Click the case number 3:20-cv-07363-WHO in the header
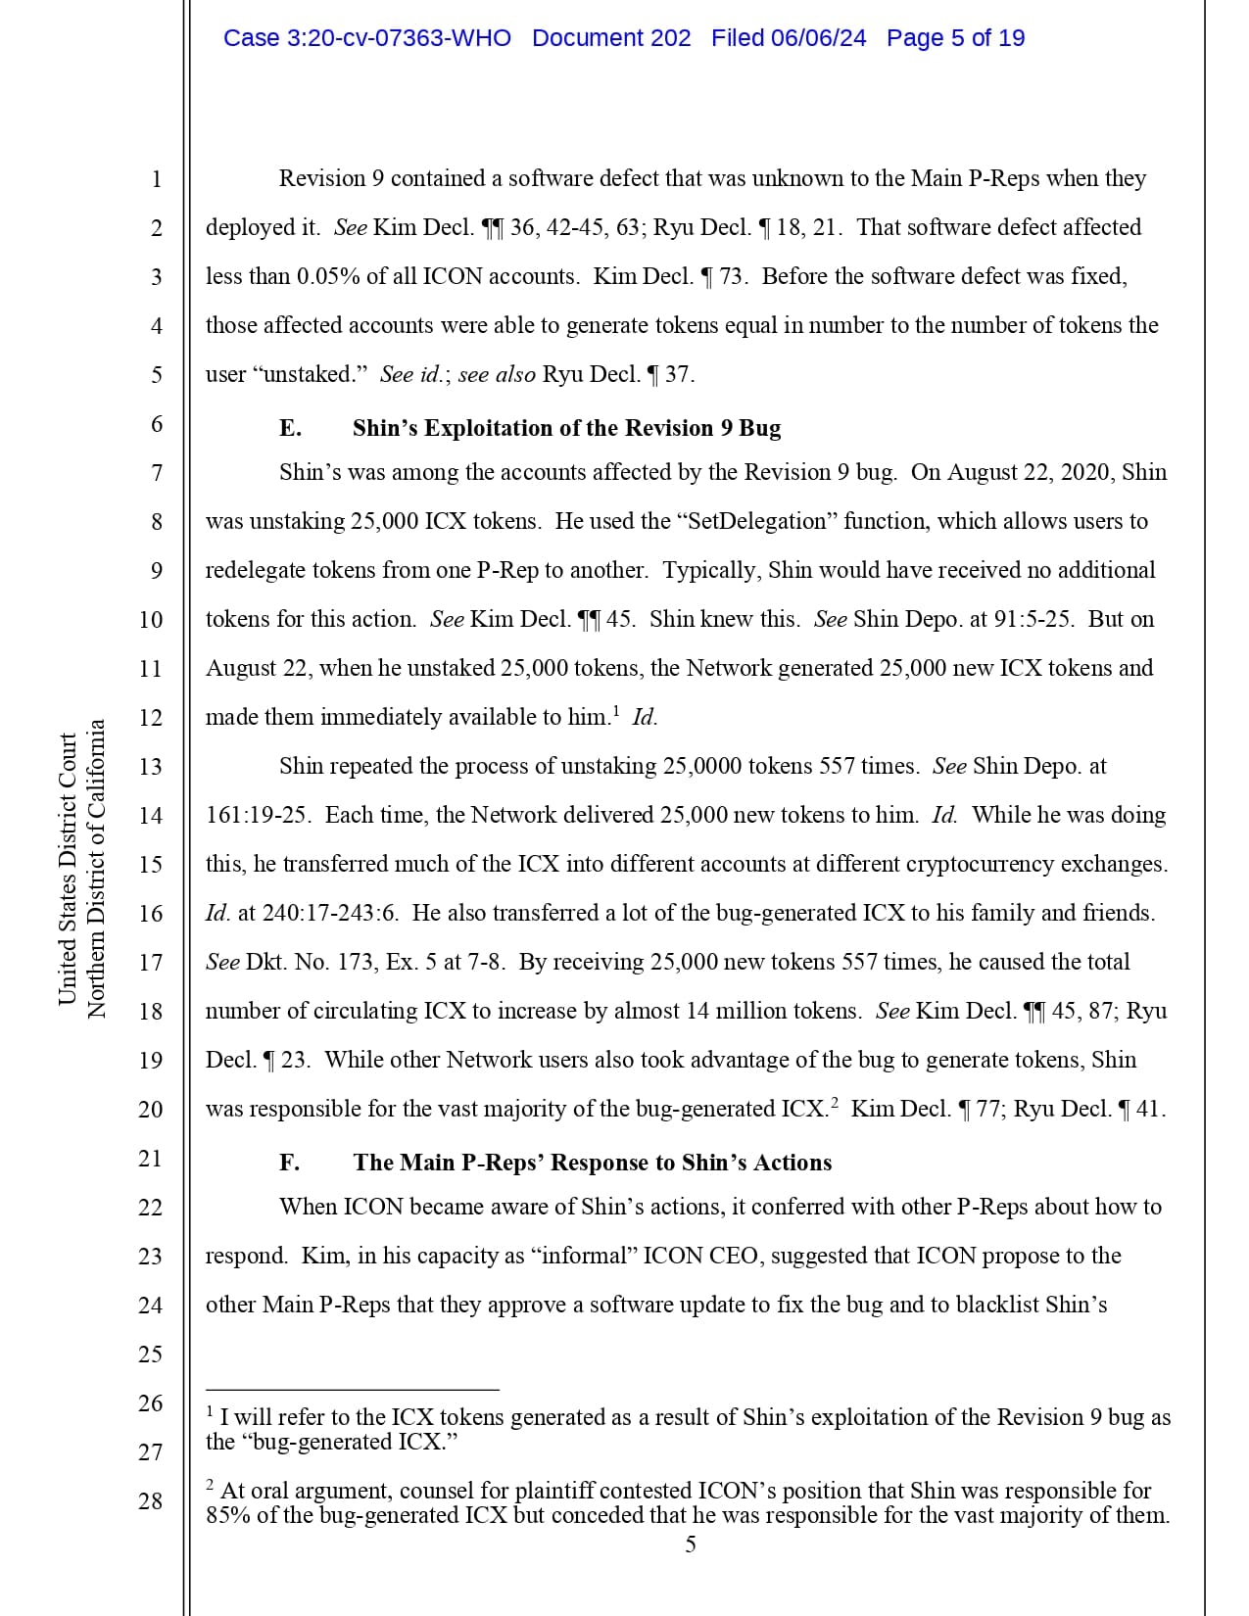pyautogui.click(x=366, y=38)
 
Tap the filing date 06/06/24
pyautogui.click(x=818, y=38)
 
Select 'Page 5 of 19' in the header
pyautogui.click(x=955, y=38)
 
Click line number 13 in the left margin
pyautogui.click(x=150, y=767)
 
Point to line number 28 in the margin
pyautogui.click(x=150, y=1500)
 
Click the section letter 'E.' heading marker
pyautogui.click(x=290, y=428)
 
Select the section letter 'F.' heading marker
pyautogui.click(x=290, y=1163)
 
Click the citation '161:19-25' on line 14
pyautogui.click(x=258, y=815)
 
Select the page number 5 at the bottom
pyautogui.click(x=691, y=1545)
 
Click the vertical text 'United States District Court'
pyautogui.click(x=68, y=869)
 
